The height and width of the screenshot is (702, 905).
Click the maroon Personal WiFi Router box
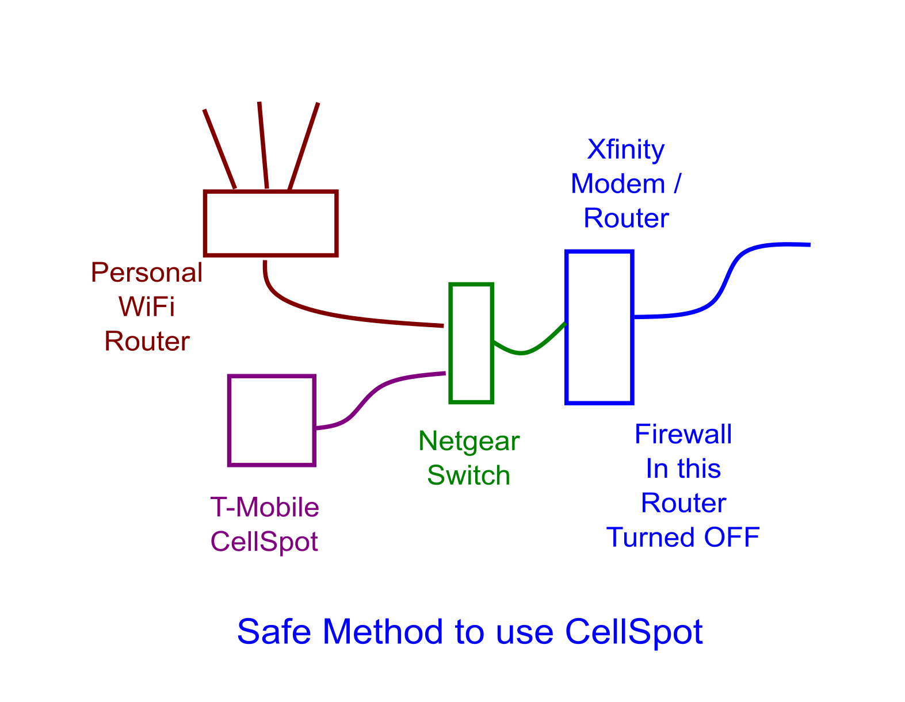point(270,223)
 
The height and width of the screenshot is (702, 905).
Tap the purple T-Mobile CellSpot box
point(272,420)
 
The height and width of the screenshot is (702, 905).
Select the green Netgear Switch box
point(471,343)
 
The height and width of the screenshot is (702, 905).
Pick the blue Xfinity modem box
point(599,327)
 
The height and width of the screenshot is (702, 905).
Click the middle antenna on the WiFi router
point(263,145)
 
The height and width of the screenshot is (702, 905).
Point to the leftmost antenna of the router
point(219,148)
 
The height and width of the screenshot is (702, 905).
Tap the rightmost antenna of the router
point(304,146)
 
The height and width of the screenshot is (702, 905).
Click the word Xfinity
point(625,149)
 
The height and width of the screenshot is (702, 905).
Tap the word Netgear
point(468,442)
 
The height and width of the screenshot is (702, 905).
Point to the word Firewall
point(683,435)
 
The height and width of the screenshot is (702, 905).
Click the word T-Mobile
point(264,508)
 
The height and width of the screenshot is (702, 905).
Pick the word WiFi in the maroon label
point(147,307)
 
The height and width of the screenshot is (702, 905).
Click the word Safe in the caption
point(274,631)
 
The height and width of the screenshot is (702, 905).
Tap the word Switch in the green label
point(468,476)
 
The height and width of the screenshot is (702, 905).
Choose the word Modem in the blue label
point(617,184)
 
